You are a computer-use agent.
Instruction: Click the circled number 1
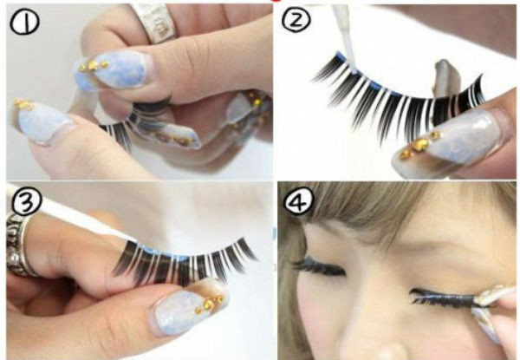(24, 22)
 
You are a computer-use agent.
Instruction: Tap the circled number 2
(296, 20)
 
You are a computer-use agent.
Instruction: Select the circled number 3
(26, 201)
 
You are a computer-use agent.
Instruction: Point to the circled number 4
(299, 201)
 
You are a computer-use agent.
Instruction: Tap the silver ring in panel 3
(19, 246)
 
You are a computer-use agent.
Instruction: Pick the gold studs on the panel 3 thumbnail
(211, 304)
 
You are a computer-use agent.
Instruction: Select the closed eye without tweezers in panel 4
(318, 266)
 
